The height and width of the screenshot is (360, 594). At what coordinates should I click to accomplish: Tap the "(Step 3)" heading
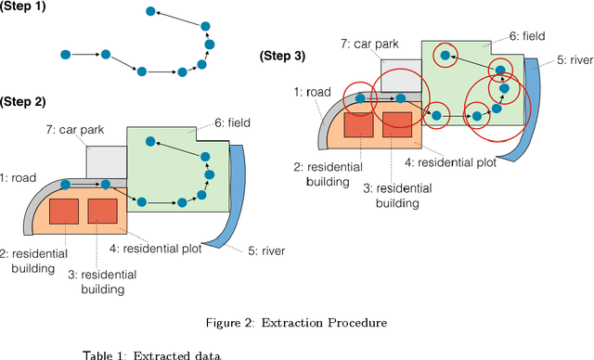click(281, 57)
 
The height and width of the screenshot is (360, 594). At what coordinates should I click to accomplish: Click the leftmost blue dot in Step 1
click(65, 56)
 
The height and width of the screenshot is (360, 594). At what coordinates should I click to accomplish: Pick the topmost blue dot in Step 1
click(149, 11)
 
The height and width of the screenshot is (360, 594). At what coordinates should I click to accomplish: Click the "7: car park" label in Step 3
click(370, 44)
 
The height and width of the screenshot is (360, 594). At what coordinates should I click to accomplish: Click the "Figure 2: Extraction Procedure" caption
click(296, 322)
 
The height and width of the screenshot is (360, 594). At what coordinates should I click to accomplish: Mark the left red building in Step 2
click(64, 211)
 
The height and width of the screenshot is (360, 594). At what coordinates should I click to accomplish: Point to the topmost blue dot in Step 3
click(446, 57)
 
